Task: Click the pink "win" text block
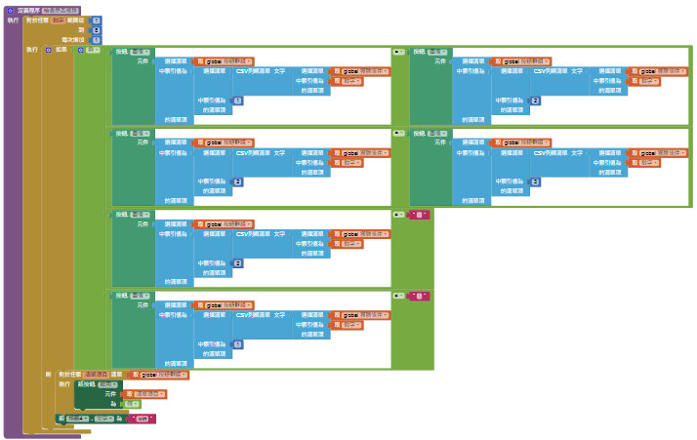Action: (142, 419)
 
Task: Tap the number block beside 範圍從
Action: (96, 20)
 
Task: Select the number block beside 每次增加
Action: (96, 40)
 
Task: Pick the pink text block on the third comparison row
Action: (419, 214)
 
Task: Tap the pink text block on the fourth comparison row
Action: (419, 296)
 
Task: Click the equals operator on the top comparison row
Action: (398, 52)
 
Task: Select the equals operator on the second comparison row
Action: (398, 133)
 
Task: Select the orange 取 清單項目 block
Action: (143, 394)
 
